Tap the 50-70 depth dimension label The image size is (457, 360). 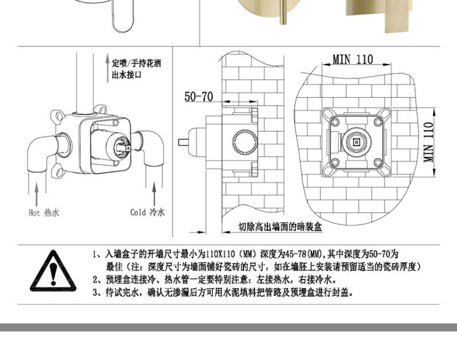pyautogui.click(x=199, y=97)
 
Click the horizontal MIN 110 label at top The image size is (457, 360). pyautogui.click(x=352, y=59)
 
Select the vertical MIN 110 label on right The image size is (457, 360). pyautogui.click(x=428, y=142)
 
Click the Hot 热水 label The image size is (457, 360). pyautogui.click(x=44, y=213)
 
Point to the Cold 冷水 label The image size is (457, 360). pyautogui.click(x=147, y=212)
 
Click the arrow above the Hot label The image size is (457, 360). pyautogui.click(x=37, y=194)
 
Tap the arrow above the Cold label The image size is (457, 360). pyautogui.click(x=154, y=194)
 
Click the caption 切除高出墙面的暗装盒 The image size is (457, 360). pyautogui.click(x=280, y=226)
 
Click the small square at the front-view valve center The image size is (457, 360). pyautogui.click(x=356, y=142)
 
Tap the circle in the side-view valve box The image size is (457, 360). pyautogui.click(x=245, y=142)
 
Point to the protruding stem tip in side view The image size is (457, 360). pyautogui.click(x=179, y=142)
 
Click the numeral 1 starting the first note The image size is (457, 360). pyautogui.click(x=94, y=254)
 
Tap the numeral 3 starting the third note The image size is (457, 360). pyautogui.click(x=95, y=293)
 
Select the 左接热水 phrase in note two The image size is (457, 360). pyautogui.click(x=272, y=279)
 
